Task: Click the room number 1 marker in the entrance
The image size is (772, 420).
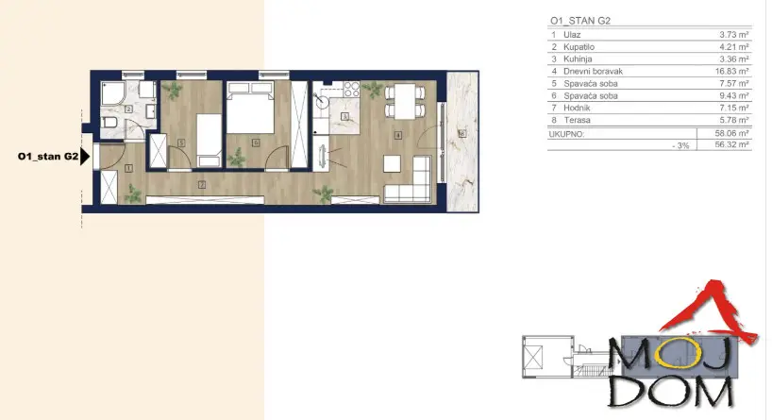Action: click(128, 168)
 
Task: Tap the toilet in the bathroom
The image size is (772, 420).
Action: click(109, 123)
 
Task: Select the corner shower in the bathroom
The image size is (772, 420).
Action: click(112, 94)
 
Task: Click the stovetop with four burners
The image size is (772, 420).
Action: click(351, 89)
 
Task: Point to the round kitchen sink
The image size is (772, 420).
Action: click(322, 102)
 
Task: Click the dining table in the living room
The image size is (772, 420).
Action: click(405, 101)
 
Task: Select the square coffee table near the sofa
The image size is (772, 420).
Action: click(392, 163)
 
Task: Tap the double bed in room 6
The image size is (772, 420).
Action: click(250, 108)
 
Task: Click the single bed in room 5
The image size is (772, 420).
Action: click(209, 141)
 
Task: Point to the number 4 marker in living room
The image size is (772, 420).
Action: click(398, 134)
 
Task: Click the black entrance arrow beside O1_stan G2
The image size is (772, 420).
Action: click(85, 157)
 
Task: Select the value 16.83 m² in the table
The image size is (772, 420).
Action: click(732, 72)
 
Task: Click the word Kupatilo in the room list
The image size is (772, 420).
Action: click(579, 47)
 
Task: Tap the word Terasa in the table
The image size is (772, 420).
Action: click(577, 120)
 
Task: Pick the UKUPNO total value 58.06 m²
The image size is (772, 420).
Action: click(732, 133)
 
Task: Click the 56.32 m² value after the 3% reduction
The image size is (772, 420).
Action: click(732, 144)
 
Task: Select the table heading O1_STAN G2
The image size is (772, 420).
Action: click(580, 21)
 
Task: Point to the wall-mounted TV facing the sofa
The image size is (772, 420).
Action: click(323, 157)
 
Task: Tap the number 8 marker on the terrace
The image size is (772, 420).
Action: click(462, 133)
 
